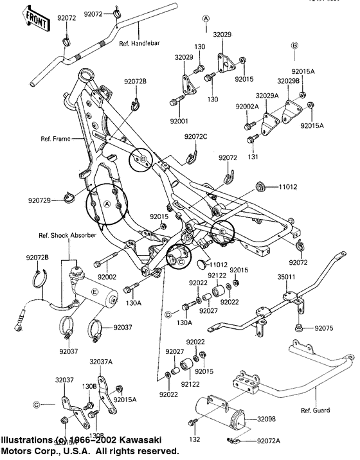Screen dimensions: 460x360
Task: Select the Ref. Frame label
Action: pos(55,138)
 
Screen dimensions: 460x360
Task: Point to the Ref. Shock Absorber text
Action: pos(67,235)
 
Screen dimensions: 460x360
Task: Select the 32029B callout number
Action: pos(287,82)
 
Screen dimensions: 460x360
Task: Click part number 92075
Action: pos(325,328)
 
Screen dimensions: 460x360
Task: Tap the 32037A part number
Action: pos(102,362)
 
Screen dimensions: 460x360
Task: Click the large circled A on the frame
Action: pos(107,204)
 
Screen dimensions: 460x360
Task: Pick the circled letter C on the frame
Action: pos(181,261)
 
